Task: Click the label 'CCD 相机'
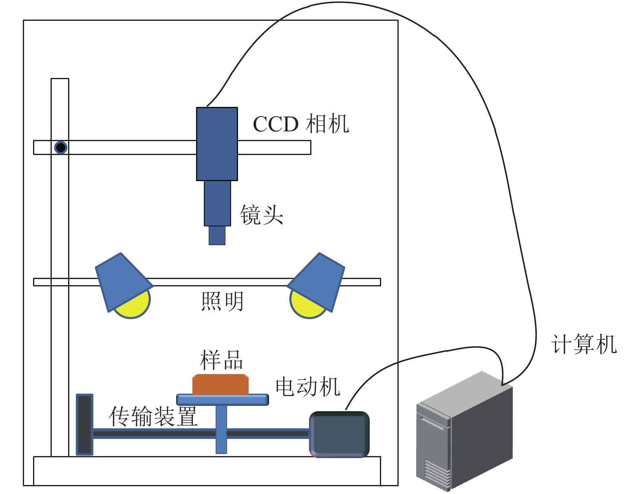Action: pyautogui.click(x=301, y=124)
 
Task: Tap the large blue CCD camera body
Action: pyautogui.click(x=217, y=144)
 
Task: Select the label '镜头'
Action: pyautogui.click(x=261, y=215)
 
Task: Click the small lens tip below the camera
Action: pyautogui.click(x=217, y=235)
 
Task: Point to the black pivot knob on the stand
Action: pyautogui.click(x=61, y=147)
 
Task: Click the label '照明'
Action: pyautogui.click(x=222, y=301)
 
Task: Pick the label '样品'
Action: pyautogui.click(x=221, y=360)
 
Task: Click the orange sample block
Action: pyautogui.click(x=221, y=385)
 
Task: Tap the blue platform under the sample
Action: pyautogui.click(x=223, y=399)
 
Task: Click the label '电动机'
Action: pyautogui.click(x=308, y=387)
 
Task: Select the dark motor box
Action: pyautogui.click(x=339, y=434)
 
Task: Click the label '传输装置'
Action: pyautogui.click(x=153, y=416)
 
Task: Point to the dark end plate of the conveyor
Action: pyautogui.click(x=85, y=424)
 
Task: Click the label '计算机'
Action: pyautogui.click(x=584, y=344)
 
